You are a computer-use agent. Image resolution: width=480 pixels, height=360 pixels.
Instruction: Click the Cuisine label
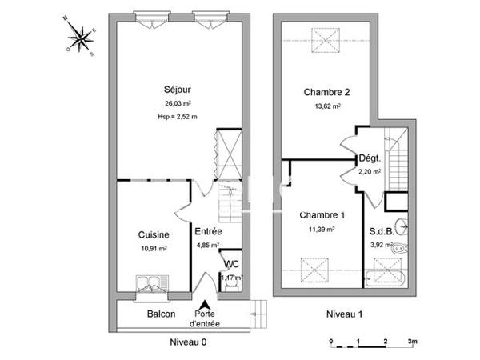pyautogui.click(x=152, y=235)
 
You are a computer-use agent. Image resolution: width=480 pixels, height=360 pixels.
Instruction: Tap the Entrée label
pyautogui.click(x=208, y=232)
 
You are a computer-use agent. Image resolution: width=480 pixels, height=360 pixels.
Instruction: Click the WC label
pyautogui.click(x=230, y=264)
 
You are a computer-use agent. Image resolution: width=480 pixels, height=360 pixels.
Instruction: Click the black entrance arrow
pyautogui.click(x=206, y=305)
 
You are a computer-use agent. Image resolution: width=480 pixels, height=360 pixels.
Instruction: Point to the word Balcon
pyautogui.click(x=161, y=314)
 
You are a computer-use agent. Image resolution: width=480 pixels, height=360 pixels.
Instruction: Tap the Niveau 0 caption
pyautogui.click(x=188, y=342)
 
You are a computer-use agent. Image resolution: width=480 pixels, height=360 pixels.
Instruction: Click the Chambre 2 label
pyautogui.click(x=326, y=92)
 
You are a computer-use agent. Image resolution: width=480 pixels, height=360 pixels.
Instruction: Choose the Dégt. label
pyautogui.click(x=369, y=158)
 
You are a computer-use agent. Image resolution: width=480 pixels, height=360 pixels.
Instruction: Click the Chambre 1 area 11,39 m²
pyautogui.click(x=322, y=229)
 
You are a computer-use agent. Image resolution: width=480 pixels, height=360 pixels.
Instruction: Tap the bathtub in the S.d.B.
pyautogui.click(x=386, y=278)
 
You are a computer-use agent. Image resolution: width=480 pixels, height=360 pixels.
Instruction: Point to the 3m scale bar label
pyautogui.click(x=412, y=341)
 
